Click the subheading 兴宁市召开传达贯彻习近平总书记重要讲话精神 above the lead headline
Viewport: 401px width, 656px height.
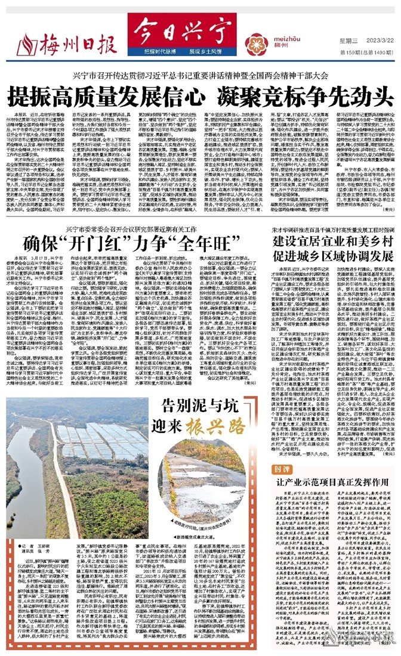tap(200, 76)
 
